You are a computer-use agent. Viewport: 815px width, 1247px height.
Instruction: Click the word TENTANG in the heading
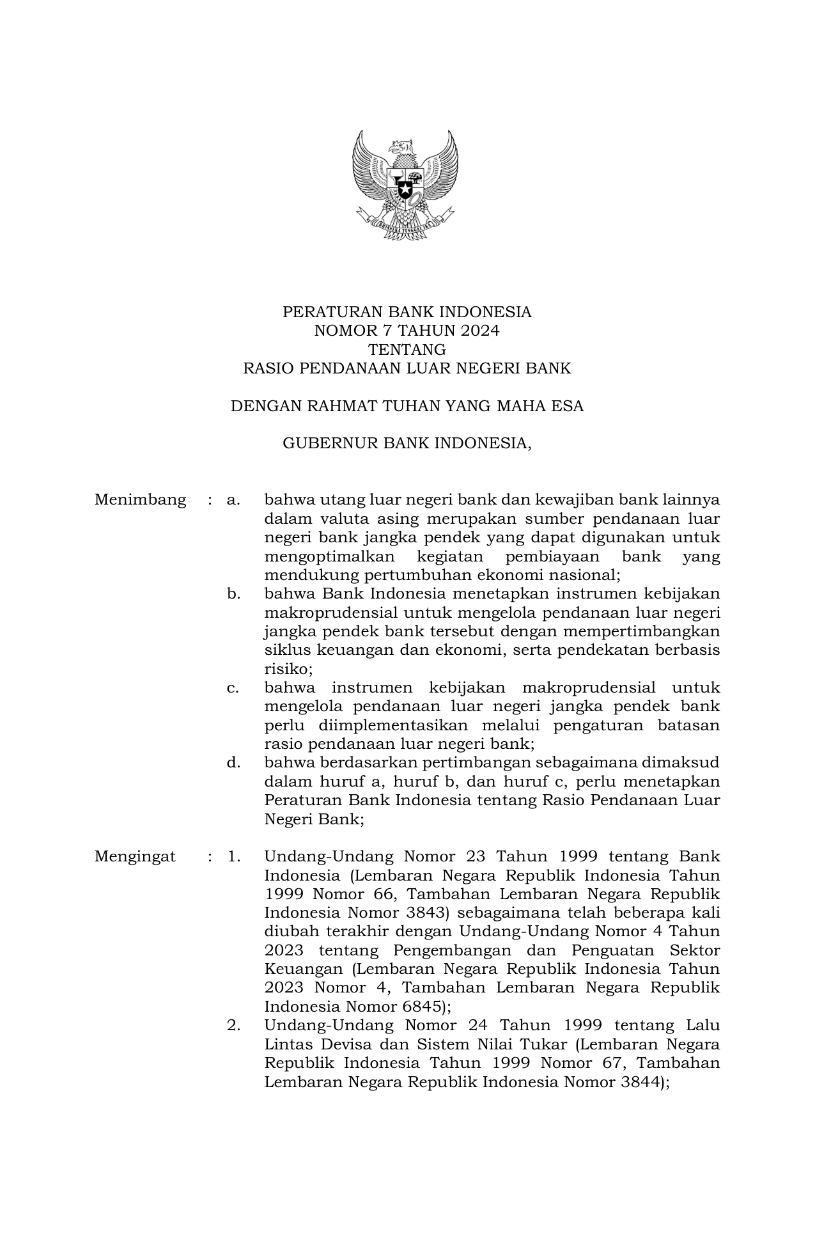pos(407,350)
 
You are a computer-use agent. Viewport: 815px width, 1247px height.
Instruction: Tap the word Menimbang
pos(140,499)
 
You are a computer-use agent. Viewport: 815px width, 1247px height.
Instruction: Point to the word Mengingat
pos(135,856)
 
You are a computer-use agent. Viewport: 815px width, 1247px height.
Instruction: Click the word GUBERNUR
pos(330,443)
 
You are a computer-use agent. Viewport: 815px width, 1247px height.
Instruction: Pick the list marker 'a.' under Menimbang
pos(233,499)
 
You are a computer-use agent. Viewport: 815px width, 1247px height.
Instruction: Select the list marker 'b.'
pos(233,593)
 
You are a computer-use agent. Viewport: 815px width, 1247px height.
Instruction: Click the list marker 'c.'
pos(233,687)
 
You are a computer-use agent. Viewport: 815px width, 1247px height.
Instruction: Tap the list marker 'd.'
pos(233,762)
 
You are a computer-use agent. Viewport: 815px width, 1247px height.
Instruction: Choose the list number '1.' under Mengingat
pos(233,856)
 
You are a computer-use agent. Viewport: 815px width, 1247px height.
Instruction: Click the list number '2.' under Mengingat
pos(233,1026)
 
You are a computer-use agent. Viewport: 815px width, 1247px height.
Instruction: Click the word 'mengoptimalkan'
pos(329,556)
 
